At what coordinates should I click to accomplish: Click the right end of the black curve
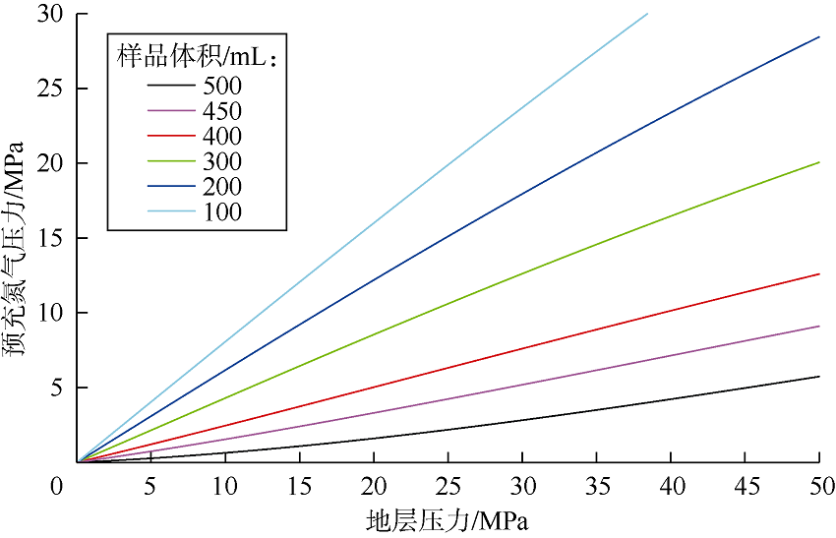point(819,377)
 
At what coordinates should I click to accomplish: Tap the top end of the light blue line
point(647,14)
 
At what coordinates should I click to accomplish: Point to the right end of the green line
point(819,162)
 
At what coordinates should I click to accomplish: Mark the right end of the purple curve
point(819,327)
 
